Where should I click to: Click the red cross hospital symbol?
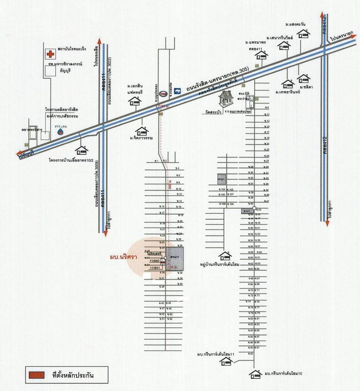pyautogui.click(x=50, y=54)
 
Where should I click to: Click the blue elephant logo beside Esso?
pyautogui.click(x=177, y=91)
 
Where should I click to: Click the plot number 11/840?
pyautogui.click(x=154, y=260)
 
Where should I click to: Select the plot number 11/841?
pyautogui.click(x=154, y=268)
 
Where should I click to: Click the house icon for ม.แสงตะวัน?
pyautogui.click(x=303, y=34)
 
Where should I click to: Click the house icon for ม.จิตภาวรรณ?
pyautogui.click(x=141, y=131)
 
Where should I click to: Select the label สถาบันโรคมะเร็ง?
pyautogui.click(x=72, y=49)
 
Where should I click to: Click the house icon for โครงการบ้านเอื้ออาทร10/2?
pyautogui.click(x=81, y=149)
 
